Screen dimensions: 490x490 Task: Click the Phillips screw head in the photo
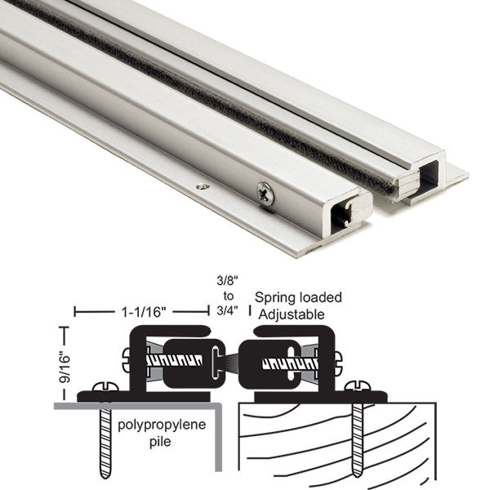coord(265,194)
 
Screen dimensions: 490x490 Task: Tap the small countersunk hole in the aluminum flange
coord(203,187)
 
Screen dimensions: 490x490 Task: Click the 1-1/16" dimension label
coord(143,312)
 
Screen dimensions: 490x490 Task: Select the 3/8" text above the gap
coord(228,280)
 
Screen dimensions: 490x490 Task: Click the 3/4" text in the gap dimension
coord(228,310)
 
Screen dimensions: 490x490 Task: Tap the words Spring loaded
coord(298,298)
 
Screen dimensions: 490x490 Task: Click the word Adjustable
coord(292,314)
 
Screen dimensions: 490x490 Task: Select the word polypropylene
coord(162,425)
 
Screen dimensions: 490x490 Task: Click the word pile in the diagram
coord(160,442)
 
